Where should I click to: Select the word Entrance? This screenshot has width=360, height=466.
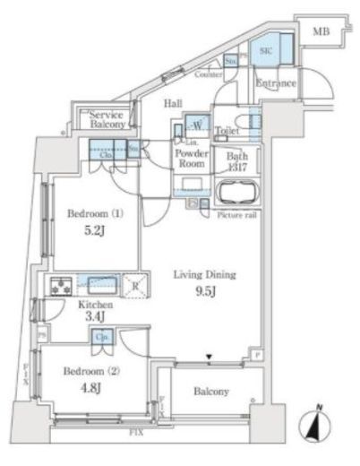click(276, 84)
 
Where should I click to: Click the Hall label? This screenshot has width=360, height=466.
click(173, 104)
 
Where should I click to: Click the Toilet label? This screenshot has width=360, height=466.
click(226, 131)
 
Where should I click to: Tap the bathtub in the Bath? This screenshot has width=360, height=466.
click(238, 194)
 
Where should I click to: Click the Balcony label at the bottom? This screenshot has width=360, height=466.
click(211, 392)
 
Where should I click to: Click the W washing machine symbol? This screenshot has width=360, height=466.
click(195, 125)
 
